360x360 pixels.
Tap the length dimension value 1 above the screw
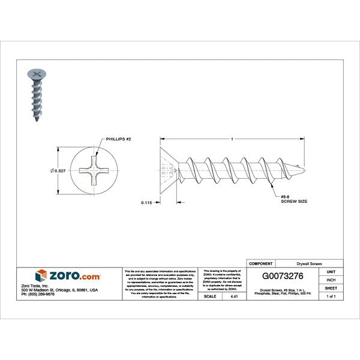(x=232, y=140)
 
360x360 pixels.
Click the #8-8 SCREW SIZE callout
(x=294, y=198)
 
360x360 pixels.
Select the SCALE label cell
(x=210, y=296)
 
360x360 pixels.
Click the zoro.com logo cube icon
(x=41, y=275)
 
